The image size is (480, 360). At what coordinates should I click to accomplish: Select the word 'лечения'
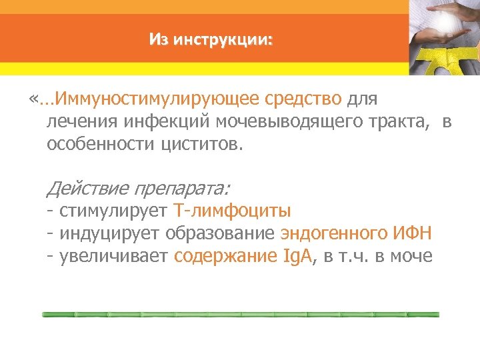(x=79, y=122)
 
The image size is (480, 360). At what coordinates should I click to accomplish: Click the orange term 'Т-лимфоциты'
(x=232, y=212)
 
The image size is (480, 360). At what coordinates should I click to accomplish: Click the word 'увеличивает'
(x=114, y=256)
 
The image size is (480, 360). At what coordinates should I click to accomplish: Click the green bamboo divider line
(x=240, y=313)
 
